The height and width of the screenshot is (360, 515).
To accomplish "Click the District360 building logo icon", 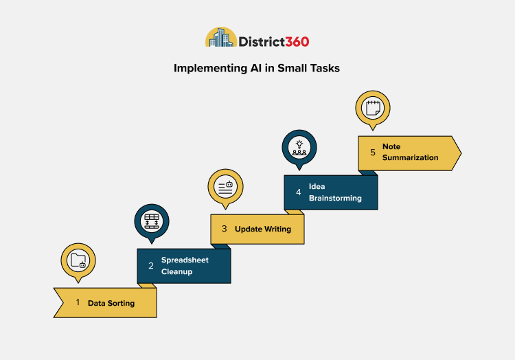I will [x=221, y=38].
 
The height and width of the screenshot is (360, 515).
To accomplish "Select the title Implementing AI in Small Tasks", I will [x=257, y=69].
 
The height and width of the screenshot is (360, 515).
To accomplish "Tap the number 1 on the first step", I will [x=78, y=302].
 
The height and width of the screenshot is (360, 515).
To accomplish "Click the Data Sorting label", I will [x=111, y=303].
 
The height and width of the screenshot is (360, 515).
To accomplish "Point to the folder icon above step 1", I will [x=78, y=260].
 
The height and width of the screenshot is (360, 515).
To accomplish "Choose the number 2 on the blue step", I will [x=151, y=265].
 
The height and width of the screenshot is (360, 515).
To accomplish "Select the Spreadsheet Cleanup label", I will [x=185, y=265].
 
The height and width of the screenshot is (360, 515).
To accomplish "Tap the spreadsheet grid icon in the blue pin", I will [x=151, y=222].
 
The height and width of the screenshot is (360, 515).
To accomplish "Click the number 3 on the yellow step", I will [x=224, y=229].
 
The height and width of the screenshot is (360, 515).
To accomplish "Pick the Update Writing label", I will [x=263, y=229].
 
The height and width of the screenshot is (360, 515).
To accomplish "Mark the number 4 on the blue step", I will [x=299, y=192].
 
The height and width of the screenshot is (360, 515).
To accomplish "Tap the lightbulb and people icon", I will [x=299, y=147].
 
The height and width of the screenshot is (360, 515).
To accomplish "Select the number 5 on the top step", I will [x=373, y=152].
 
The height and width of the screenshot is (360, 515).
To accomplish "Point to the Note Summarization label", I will [x=411, y=152].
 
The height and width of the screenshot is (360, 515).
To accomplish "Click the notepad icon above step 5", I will [x=372, y=108].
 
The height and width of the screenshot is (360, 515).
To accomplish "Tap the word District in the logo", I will [x=262, y=41].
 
